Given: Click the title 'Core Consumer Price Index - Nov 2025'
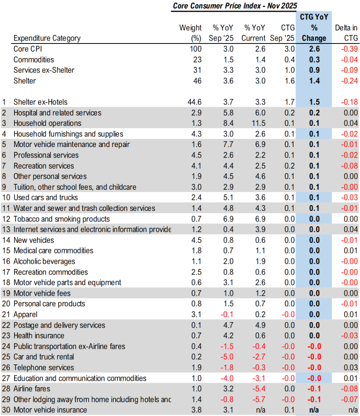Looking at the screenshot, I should [235, 6].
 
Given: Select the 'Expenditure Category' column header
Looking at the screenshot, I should [47, 38].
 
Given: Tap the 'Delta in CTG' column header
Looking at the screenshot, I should [346, 33].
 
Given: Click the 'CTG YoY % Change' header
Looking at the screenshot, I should [314, 28].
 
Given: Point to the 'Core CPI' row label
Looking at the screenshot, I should [28, 49].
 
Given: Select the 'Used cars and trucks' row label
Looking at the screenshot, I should [46, 197].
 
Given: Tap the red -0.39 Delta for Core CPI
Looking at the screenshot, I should [349, 49].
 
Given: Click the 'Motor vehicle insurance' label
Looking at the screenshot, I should [50, 410].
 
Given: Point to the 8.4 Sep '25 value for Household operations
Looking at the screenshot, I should [229, 123].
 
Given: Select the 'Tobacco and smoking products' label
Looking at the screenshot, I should [61, 219].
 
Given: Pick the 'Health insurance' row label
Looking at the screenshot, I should [39, 336].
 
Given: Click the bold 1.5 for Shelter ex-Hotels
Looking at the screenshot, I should [314, 102].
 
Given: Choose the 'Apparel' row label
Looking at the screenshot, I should [25, 314].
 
